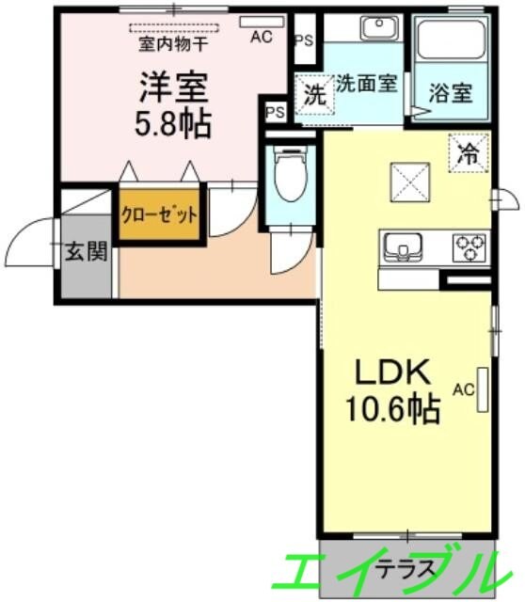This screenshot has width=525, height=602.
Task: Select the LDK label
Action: click(x=393, y=372)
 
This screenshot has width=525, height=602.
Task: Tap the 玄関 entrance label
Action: click(x=86, y=251)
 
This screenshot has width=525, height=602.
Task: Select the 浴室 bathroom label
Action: click(x=452, y=93)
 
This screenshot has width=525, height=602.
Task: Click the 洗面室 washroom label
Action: click(x=367, y=82)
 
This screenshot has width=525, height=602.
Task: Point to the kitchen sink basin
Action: click(x=405, y=247)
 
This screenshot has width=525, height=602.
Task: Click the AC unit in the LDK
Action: click(x=483, y=389)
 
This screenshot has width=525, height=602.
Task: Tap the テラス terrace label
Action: click(x=406, y=568)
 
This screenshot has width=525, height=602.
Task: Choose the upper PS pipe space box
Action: click(x=303, y=40)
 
